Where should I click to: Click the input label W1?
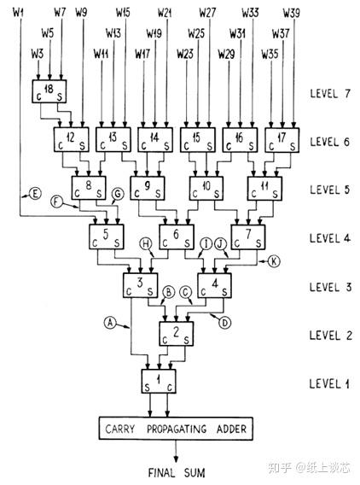(x=17, y=11)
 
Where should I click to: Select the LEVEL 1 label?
(x=329, y=383)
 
